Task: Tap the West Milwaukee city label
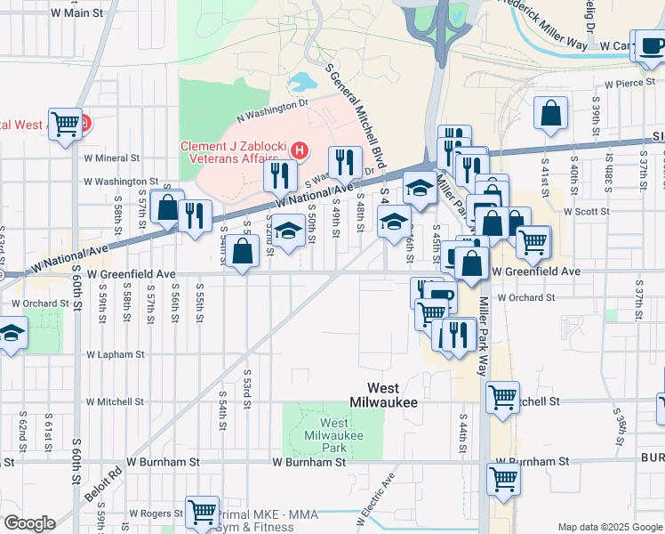tap(396, 394)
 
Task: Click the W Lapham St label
tap(115, 354)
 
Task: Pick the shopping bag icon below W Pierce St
tap(551, 114)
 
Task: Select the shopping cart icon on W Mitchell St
tap(502, 396)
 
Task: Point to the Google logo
tap(29, 523)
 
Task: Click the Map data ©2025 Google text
tap(610, 527)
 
